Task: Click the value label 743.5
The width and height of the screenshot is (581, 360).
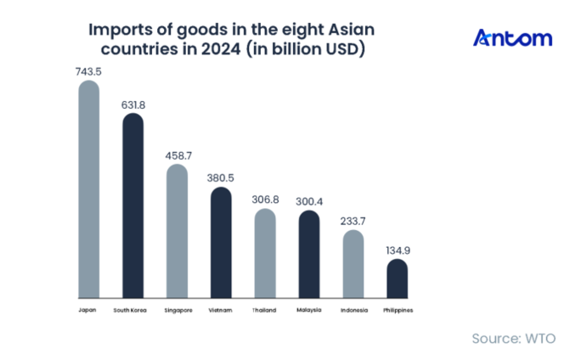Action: tap(88, 72)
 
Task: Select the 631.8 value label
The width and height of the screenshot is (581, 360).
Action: tap(133, 105)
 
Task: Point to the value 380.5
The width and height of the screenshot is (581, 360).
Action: tap(221, 178)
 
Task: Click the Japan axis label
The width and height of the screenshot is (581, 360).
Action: tap(88, 310)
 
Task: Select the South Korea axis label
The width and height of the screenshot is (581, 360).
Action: tap(133, 310)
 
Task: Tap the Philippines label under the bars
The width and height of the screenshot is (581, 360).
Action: tap(397, 310)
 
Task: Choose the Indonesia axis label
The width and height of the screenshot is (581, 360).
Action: tap(353, 310)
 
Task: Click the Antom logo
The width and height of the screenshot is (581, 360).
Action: tap(512, 38)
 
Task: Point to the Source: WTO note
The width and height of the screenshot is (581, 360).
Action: tap(514, 339)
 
